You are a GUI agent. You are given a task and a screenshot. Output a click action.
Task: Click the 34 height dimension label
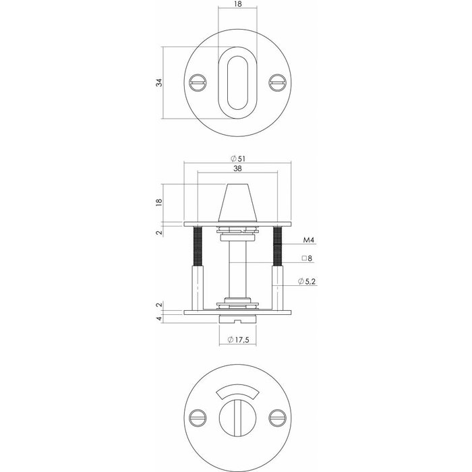pos(159,83)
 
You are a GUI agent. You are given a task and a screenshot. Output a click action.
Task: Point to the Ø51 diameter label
pos(237,159)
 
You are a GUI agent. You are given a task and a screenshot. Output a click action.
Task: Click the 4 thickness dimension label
pos(159,319)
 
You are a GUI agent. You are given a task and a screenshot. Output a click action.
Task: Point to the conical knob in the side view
pos(237,202)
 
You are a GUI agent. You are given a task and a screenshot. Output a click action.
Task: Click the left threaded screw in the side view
pos(198,246)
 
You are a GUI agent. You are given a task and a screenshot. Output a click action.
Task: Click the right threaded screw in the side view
pos(277,246)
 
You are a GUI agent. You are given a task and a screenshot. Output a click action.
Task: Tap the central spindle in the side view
pos(237,266)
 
